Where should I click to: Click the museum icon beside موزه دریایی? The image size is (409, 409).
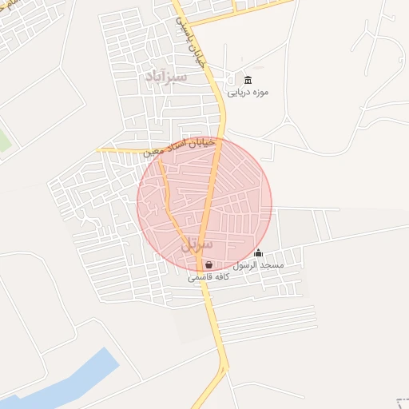(248, 80)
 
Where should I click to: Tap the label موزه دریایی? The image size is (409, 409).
(248, 92)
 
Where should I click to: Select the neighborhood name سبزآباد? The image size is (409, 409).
(166, 77)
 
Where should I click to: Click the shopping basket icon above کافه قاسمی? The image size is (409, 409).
(208, 265)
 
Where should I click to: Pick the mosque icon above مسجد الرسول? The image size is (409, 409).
(257, 253)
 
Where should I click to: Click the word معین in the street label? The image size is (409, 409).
(155, 149)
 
